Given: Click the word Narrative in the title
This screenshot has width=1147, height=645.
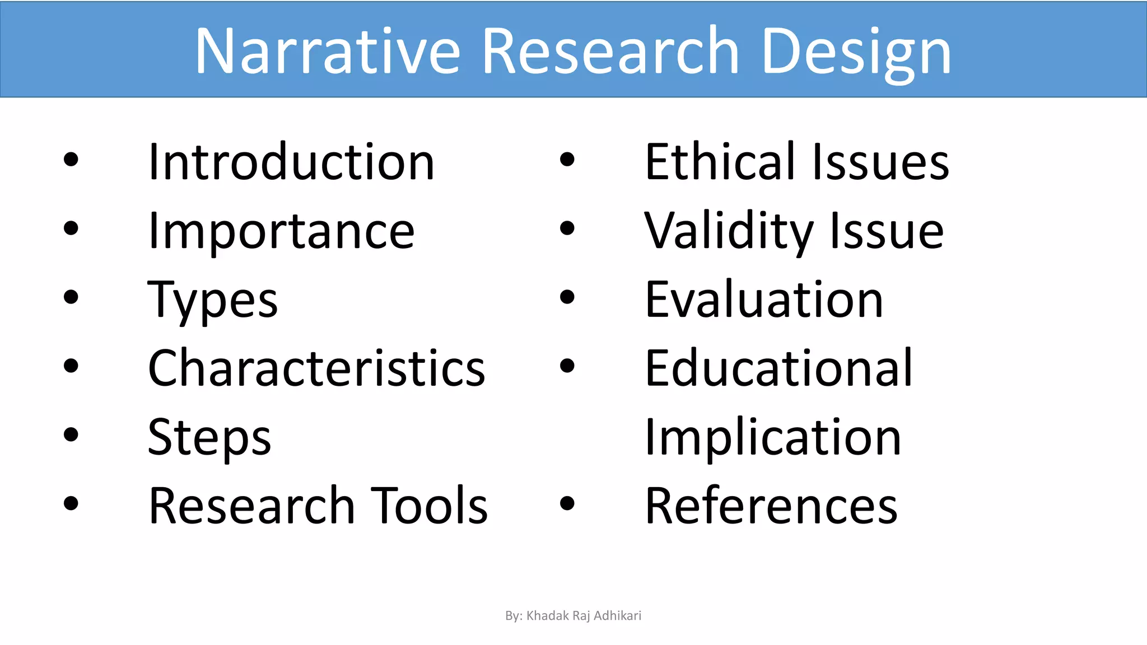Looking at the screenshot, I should (x=328, y=52).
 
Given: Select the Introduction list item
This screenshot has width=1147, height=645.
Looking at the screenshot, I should (x=291, y=162).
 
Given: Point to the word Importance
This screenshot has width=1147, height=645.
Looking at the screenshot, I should (x=281, y=231).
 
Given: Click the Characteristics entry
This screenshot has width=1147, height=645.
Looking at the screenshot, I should (x=316, y=368).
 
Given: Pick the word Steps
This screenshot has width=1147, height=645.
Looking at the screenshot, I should (x=209, y=437).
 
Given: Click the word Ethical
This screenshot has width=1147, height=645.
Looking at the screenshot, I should (x=720, y=162).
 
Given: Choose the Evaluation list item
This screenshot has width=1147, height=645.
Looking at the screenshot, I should (x=764, y=300).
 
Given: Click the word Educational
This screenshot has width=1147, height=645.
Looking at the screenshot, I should (x=779, y=368).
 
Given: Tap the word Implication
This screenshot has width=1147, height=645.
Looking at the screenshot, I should (x=773, y=437).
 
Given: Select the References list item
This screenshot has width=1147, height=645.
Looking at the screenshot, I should (x=771, y=506).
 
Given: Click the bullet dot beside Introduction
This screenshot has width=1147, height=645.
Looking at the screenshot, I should (x=71, y=160).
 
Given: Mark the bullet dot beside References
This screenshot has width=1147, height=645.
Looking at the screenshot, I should (x=567, y=503).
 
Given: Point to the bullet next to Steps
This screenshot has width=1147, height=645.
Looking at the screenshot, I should (x=71, y=435).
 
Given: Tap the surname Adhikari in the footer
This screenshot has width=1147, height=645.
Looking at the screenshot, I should (x=617, y=616).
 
